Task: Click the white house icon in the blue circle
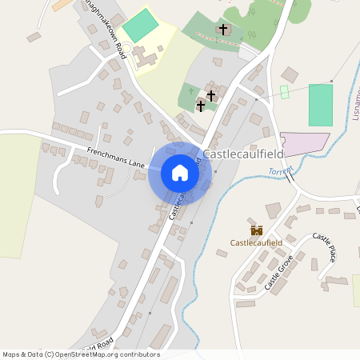[179, 173]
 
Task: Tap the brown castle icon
[256, 230]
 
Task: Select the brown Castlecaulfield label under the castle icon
[256, 242]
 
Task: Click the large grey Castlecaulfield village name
[245, 154]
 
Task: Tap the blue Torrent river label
[281, 171]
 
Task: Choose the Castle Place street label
[324, 247]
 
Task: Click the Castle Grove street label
[280, 271]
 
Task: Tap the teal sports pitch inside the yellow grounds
[141, 26]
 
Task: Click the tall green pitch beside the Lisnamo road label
[320, 104]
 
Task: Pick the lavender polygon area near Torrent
[302, 144]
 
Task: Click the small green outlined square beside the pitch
[284, 92]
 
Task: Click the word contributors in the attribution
[139, 354]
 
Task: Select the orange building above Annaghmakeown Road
[61, 5]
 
